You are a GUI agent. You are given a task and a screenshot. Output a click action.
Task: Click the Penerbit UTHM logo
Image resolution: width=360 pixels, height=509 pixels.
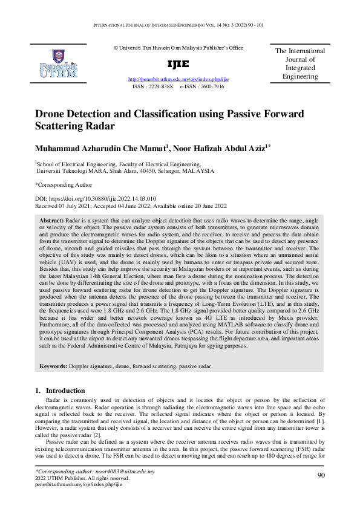click(x=57, y=64)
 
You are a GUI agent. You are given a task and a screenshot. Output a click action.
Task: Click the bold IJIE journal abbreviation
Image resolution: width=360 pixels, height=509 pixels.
click(x=178, y=64)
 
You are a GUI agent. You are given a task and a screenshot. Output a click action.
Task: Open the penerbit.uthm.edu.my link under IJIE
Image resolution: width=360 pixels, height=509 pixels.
click(x=178, y=80)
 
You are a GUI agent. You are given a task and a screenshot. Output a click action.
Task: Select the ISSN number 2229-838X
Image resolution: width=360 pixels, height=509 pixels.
click(x=161, y=86)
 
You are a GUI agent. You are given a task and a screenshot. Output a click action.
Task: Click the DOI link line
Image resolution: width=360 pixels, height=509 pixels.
click(x=96, y=199)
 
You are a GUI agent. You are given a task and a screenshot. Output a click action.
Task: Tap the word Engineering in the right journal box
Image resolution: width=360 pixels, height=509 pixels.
click(x=300, y=77)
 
